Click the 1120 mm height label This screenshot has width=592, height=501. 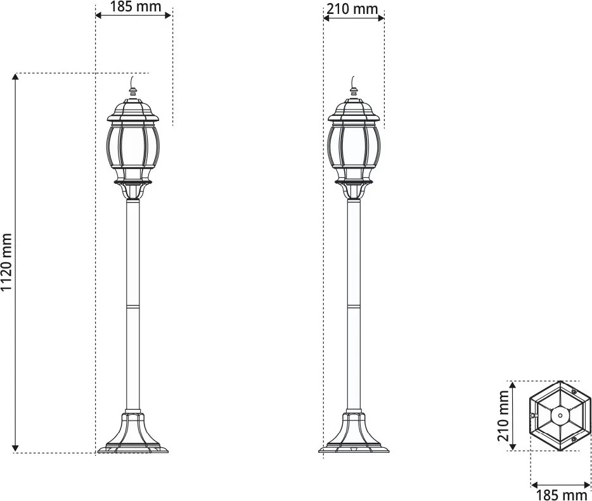[7, 263]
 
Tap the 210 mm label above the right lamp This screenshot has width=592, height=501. [352, 9]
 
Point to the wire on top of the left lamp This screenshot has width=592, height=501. [132, 81]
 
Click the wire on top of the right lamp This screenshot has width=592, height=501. [354, 81]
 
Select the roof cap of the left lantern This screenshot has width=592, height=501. [132, 110]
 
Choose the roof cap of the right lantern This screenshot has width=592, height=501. [354, 110]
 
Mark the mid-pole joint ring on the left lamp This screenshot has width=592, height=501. [132, 307]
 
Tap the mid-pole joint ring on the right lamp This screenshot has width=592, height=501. [354, 307]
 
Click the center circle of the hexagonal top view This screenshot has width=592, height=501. [560, 415]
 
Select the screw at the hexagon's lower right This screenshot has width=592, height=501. [574, 438]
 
